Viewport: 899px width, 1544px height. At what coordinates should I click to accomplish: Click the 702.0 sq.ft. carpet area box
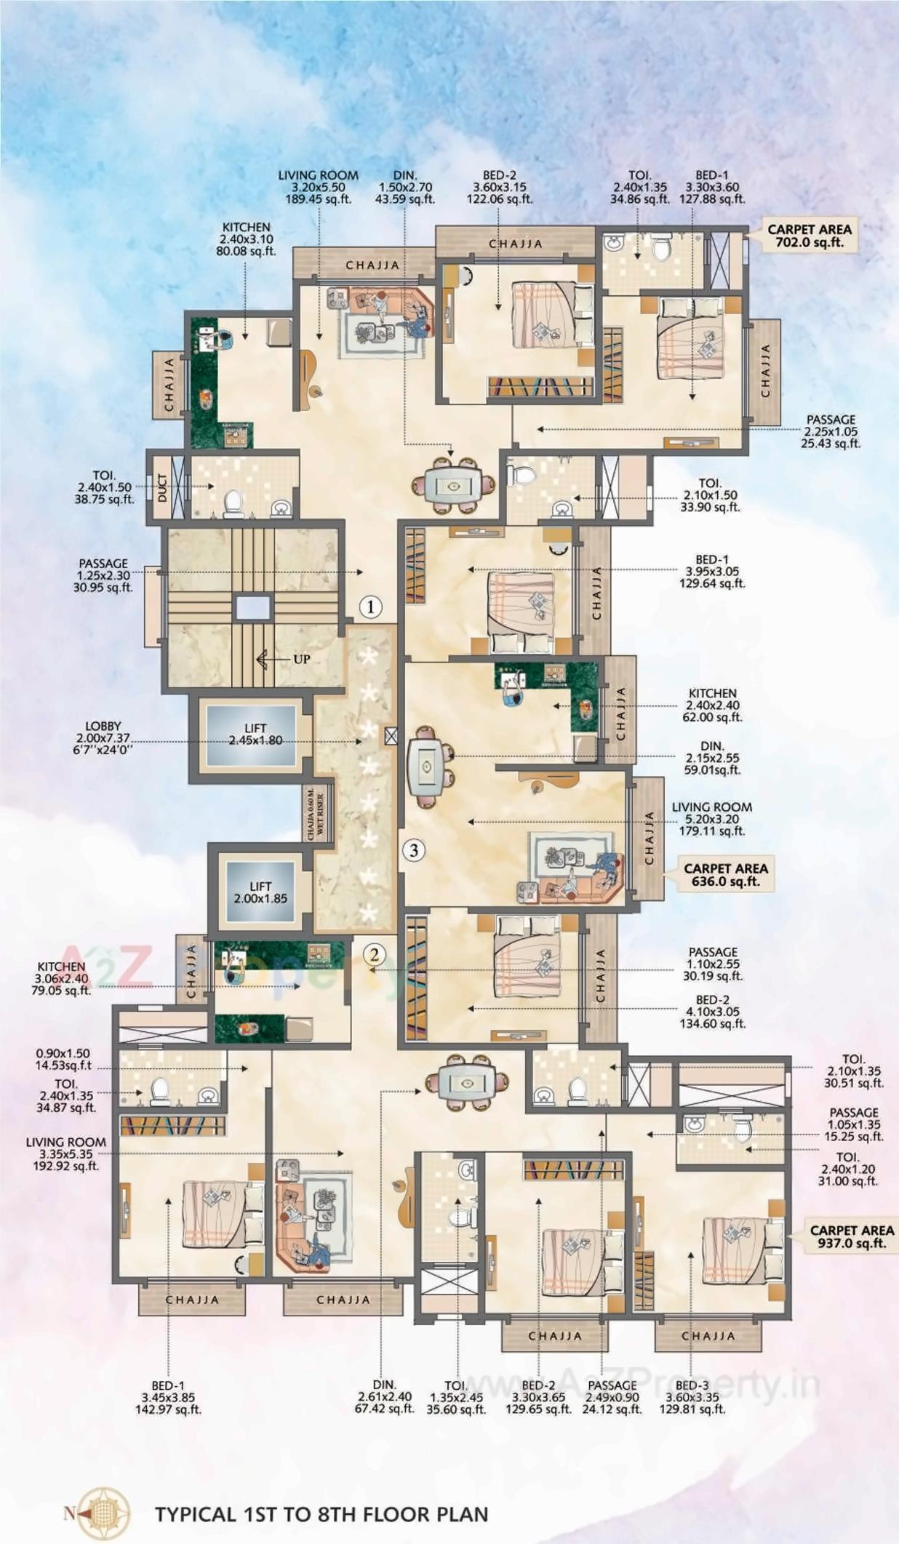pyautogui.click(x=809, y=235)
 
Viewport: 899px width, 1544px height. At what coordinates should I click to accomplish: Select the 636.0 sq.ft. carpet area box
pyautogui.click(x=725, y=874)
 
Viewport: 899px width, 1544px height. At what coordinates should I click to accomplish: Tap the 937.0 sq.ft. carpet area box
pyautogui.click(x=852, y=1236)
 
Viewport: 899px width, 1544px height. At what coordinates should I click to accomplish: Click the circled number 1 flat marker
pyautogui.click(x=371, y=607)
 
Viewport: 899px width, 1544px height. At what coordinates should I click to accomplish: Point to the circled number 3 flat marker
pyautogui.click(x=414, y=849)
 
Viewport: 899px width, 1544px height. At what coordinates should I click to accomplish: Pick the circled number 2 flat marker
pyautogui.click(x=374, y=954)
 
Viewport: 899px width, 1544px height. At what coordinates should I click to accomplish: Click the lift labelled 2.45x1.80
pyautogui.click(x=255, y=735)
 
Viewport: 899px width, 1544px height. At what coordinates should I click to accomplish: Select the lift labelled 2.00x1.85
pyautogui.click(x=260, y=892)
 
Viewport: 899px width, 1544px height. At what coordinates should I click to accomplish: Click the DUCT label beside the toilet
pyautogui.click(x=162, y=487)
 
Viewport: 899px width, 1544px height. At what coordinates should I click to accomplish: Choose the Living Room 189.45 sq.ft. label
pyautogui.click(x=318, y=187)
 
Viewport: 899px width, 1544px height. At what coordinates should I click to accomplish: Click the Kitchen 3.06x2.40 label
pyautogui.click(x=61, y=978)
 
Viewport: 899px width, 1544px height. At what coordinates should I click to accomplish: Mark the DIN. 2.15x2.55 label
pyautogui.click(x=711, y=758)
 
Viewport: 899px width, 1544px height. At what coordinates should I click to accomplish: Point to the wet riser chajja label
pyautogui.click(x=316, y=813)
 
